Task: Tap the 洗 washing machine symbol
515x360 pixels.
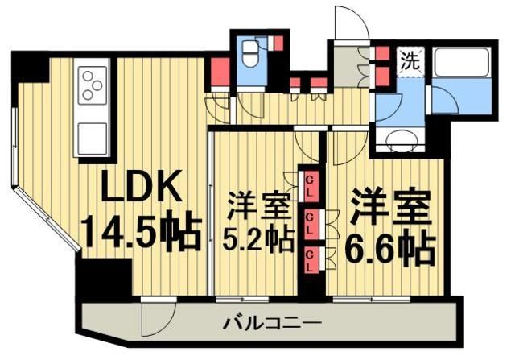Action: [x=410, y=59]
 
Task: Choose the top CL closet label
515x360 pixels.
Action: [x=310, y=184]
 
